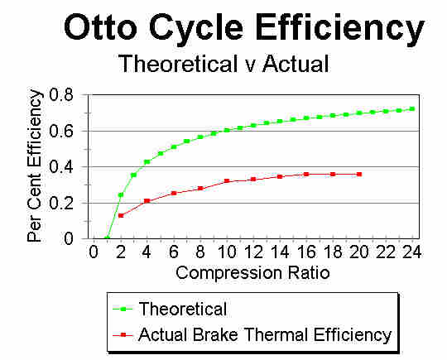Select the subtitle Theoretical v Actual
click(x=223, y=64)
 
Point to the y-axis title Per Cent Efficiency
click(x=35, y=166)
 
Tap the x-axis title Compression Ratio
click(x=252, y=273)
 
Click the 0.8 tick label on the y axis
click(x=61, y=94)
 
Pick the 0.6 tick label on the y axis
click(x=61, y=131)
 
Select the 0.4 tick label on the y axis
click(x=61, y=167)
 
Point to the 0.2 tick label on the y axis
click(x=61, y=204)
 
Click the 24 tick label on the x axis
click(x=411, y=252)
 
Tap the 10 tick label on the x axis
click(x=227, y=252)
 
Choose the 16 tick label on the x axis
click(x=306, y=252)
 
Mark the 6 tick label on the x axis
click(x=174, y=252)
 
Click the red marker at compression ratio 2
click(x=121, y=215)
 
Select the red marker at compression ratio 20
click(x=359, y=174)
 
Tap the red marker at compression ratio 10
click(x=227, y=180)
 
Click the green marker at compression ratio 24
click(x=412, y=109)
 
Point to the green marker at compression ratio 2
click(x=121, y=195)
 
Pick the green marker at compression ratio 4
click(x=147, y=162)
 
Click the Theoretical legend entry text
click(x=183, y=309)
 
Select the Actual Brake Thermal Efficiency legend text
click(x=265, y=334)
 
